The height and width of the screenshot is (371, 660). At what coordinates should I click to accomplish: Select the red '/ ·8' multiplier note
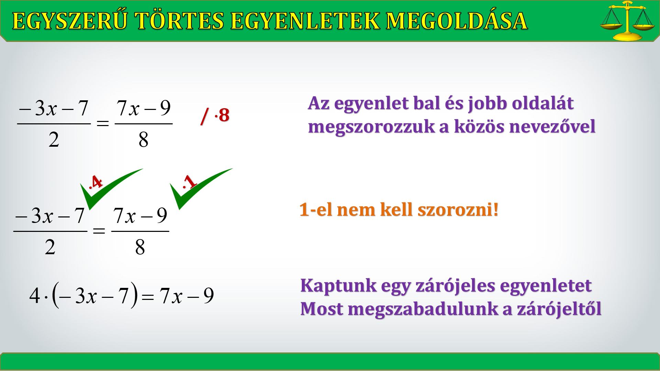coord(215,115)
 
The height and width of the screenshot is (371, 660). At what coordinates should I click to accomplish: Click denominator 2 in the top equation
coord(54,140)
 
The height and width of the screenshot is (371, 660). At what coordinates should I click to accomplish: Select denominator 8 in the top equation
coord(143,140)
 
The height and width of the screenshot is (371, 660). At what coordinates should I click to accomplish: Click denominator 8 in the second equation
coord(140,247)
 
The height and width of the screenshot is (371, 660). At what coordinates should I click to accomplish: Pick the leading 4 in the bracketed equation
coord(35,295)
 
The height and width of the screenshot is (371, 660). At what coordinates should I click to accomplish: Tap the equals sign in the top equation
coord(103,123)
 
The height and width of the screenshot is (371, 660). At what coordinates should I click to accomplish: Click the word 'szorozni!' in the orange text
coord(458,210)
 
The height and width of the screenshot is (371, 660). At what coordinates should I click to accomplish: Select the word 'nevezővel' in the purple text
coord(552,126)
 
